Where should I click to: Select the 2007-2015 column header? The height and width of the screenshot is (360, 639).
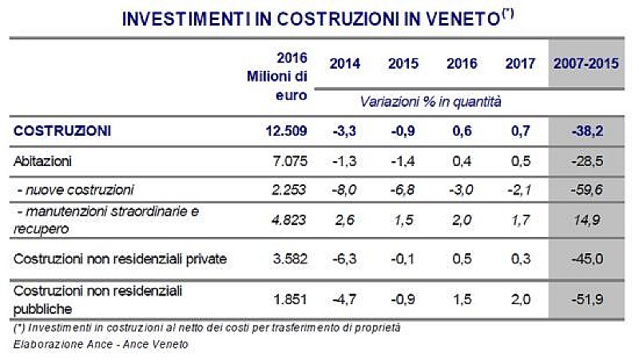point(586,63)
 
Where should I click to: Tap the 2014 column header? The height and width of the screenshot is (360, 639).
point(344,63)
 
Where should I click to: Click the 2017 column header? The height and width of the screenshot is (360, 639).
point(520,63)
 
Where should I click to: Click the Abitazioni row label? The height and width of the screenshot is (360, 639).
point(43,160)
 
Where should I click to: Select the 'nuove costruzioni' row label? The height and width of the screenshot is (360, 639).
point(76,189)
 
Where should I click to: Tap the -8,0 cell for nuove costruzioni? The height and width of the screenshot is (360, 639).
point(344,189)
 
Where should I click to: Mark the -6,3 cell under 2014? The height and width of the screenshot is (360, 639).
point(344,259)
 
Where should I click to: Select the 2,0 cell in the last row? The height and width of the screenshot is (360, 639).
point(520,299)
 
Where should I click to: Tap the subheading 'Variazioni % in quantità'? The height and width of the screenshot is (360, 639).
point(430,101)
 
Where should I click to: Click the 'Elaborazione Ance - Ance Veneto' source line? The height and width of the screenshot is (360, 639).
point(100,344)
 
